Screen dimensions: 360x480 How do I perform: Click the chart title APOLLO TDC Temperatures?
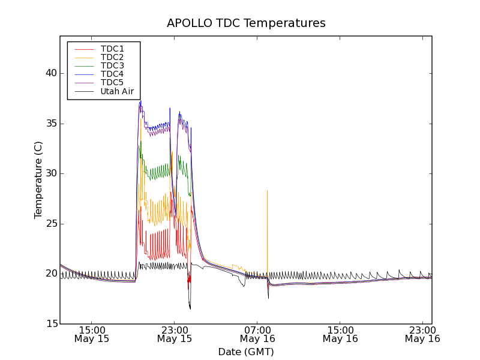(246, 23)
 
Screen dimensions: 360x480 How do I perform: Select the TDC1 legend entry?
(112, 49)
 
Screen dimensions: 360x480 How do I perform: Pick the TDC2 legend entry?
(112, 57)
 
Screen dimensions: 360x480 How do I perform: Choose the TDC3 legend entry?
(112, 65)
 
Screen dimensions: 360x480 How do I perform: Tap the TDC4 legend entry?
(112, 74)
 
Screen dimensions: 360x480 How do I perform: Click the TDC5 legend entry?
(112, 83)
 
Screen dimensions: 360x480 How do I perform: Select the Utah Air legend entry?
(117, 92)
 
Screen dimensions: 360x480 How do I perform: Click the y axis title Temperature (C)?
(38, 180)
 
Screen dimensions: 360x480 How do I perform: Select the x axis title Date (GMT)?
(246, 352)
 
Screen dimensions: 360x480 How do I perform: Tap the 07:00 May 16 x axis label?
(257, 334)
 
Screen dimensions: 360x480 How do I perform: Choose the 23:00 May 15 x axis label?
(175, 334)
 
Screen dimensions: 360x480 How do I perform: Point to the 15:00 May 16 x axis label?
(340, 334)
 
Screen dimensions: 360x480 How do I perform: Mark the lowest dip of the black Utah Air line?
(190, 308)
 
